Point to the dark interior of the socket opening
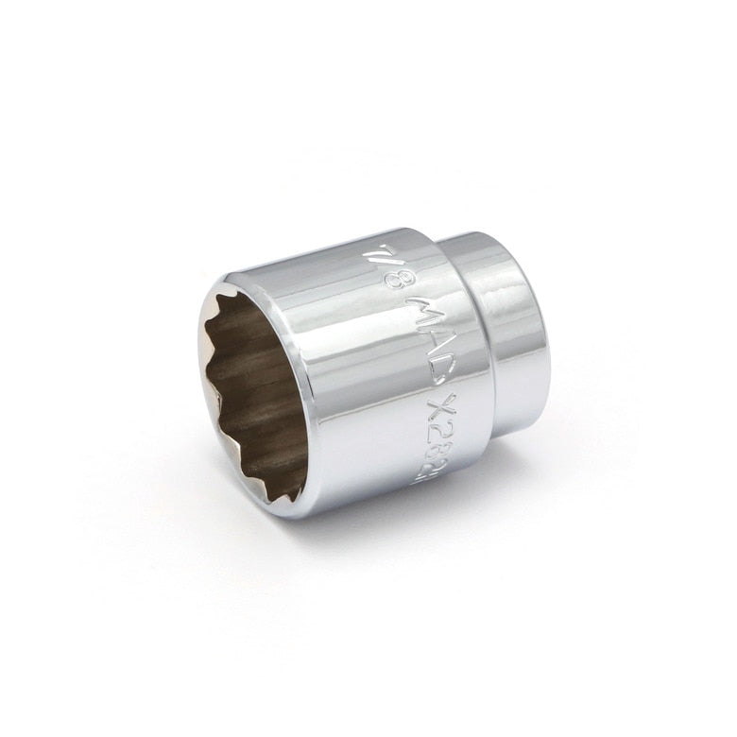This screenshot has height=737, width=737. tap(255, 397)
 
